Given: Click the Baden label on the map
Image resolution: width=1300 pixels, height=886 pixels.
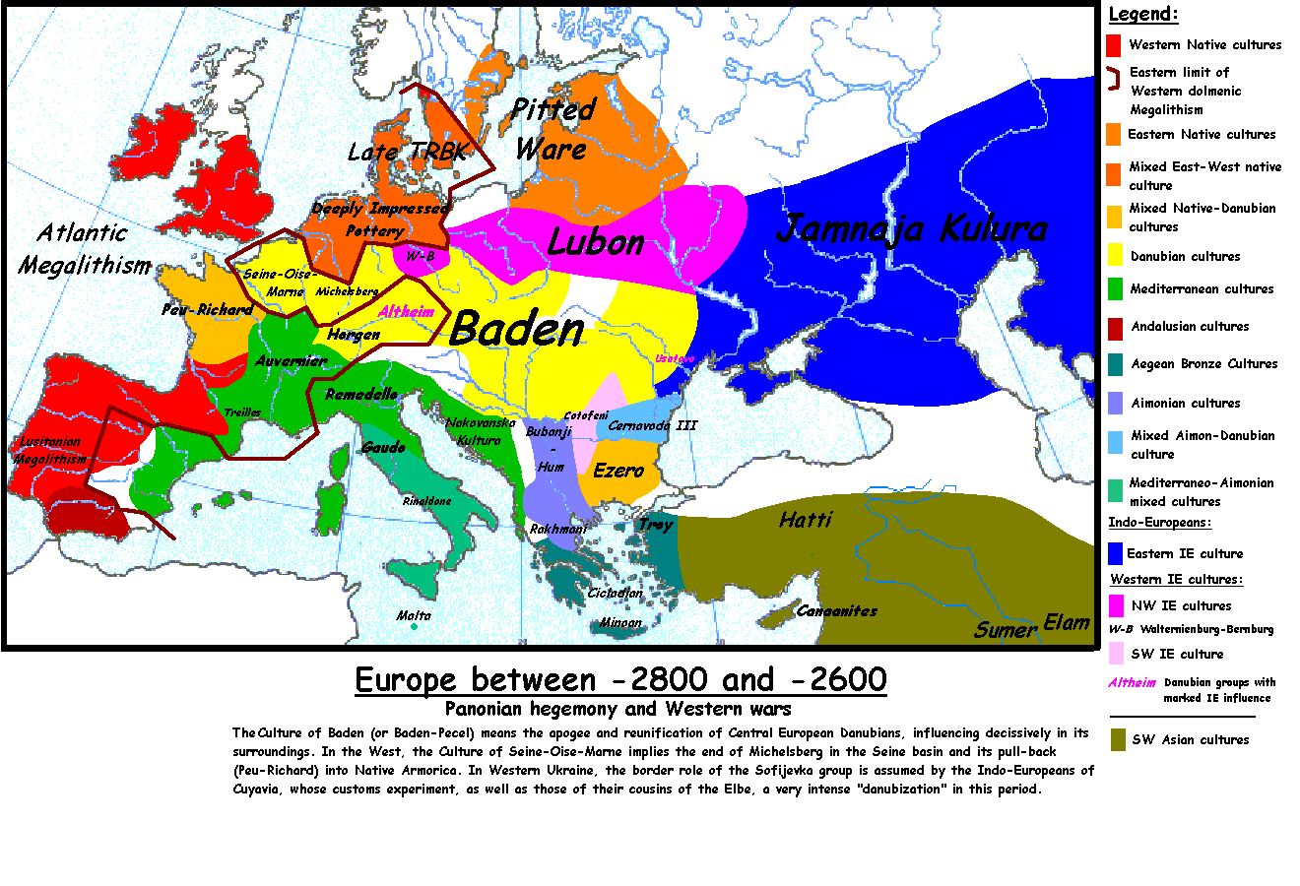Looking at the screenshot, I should tap(516, 330).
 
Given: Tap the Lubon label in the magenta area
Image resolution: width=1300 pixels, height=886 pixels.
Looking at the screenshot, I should tap(596, 242).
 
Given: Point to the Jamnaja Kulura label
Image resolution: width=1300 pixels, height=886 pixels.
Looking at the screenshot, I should tap(911, 228).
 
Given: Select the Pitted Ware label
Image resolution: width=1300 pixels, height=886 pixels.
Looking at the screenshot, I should tap(552, 129).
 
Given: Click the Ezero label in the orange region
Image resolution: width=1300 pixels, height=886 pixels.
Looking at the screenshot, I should tap(618, 471).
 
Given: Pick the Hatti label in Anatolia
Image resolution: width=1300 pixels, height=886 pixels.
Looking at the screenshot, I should tap(805, 520).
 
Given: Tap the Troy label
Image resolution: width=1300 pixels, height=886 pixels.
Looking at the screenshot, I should tap(656, 525).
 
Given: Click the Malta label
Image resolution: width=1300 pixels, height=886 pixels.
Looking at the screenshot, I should tap(414, 616).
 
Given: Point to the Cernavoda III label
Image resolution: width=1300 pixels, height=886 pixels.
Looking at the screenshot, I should tap(652, 425).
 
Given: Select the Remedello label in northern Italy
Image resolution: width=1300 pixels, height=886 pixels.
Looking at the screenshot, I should tap(361, 394).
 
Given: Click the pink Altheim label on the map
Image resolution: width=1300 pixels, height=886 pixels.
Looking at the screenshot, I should tap(407, 312).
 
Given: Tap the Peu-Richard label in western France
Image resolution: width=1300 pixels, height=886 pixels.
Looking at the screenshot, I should tap(208, 309).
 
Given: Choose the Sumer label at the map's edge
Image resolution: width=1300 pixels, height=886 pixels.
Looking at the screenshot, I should tap(1006, 630).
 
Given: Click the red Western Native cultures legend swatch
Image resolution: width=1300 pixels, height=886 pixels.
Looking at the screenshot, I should tap(1114, 45).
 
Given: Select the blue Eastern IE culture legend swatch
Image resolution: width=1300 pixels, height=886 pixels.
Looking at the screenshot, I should tap(1115, 553).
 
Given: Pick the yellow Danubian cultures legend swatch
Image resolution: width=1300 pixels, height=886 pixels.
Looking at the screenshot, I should tap(1115, 256).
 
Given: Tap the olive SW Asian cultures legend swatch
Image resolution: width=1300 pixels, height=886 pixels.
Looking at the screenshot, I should tap(1117, 739).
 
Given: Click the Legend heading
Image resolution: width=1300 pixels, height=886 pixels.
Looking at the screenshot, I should tap(1142, 14).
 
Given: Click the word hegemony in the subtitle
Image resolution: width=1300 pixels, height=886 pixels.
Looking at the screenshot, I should tap(573, 709).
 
